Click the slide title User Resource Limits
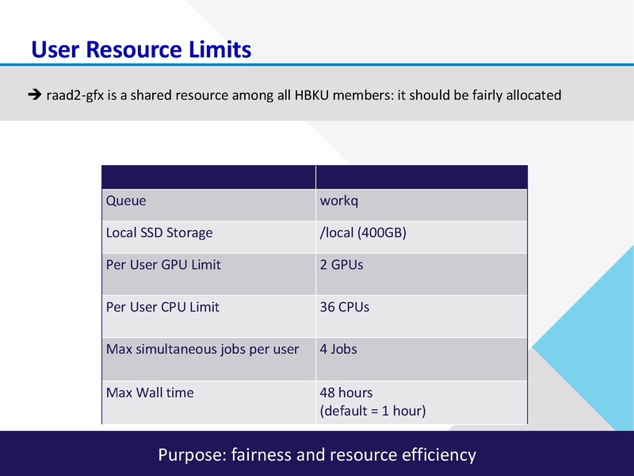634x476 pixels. coord(141,50)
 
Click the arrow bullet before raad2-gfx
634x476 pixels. coord(33,95)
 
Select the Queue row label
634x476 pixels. coord(126,201)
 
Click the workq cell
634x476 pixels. coord(339,201)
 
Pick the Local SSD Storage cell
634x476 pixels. coord(159,233)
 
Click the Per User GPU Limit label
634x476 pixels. coord(163,265)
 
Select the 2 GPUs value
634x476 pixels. coord(342,265)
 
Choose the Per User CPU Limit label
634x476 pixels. coord(162,306)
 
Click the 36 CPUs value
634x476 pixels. coord(345,306)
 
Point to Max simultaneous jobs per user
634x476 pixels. coord(202,349)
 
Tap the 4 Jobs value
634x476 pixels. coord(338,349)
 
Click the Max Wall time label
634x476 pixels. coord(150,393)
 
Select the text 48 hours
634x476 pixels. coord(346,393)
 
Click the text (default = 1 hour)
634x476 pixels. coord(372,410)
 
